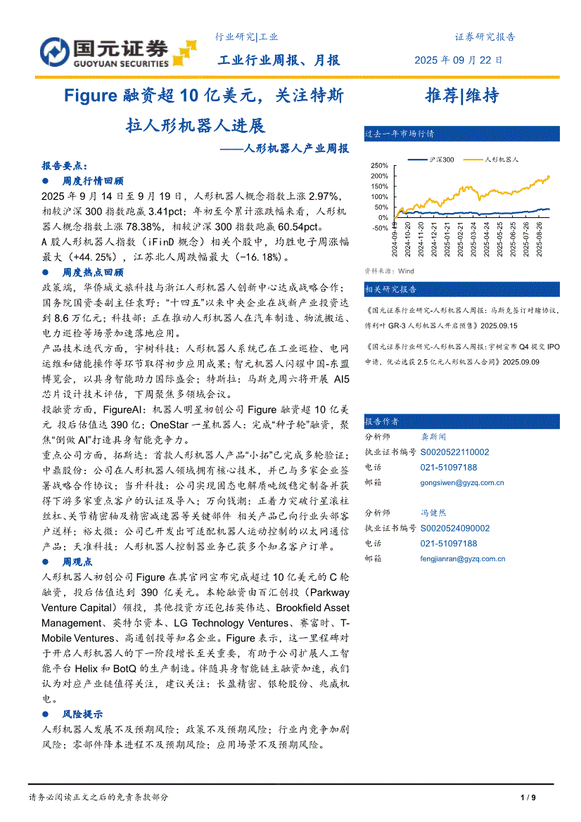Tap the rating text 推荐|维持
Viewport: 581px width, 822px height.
462,96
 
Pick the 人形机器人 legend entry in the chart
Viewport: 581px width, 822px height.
502,160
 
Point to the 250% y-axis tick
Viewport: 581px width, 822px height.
379,165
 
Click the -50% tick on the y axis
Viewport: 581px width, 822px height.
379,228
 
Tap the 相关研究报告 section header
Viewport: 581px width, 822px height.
390,289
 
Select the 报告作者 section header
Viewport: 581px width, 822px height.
382,421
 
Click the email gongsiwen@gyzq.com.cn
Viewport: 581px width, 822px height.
462,482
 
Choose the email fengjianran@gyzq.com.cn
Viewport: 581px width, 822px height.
463,558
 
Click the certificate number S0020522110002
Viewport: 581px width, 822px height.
455,452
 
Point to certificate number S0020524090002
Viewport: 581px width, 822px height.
455,528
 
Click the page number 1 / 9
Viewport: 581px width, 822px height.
528,797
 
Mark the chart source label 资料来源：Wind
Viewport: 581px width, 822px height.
389,271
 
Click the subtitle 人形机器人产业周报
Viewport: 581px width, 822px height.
293,149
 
